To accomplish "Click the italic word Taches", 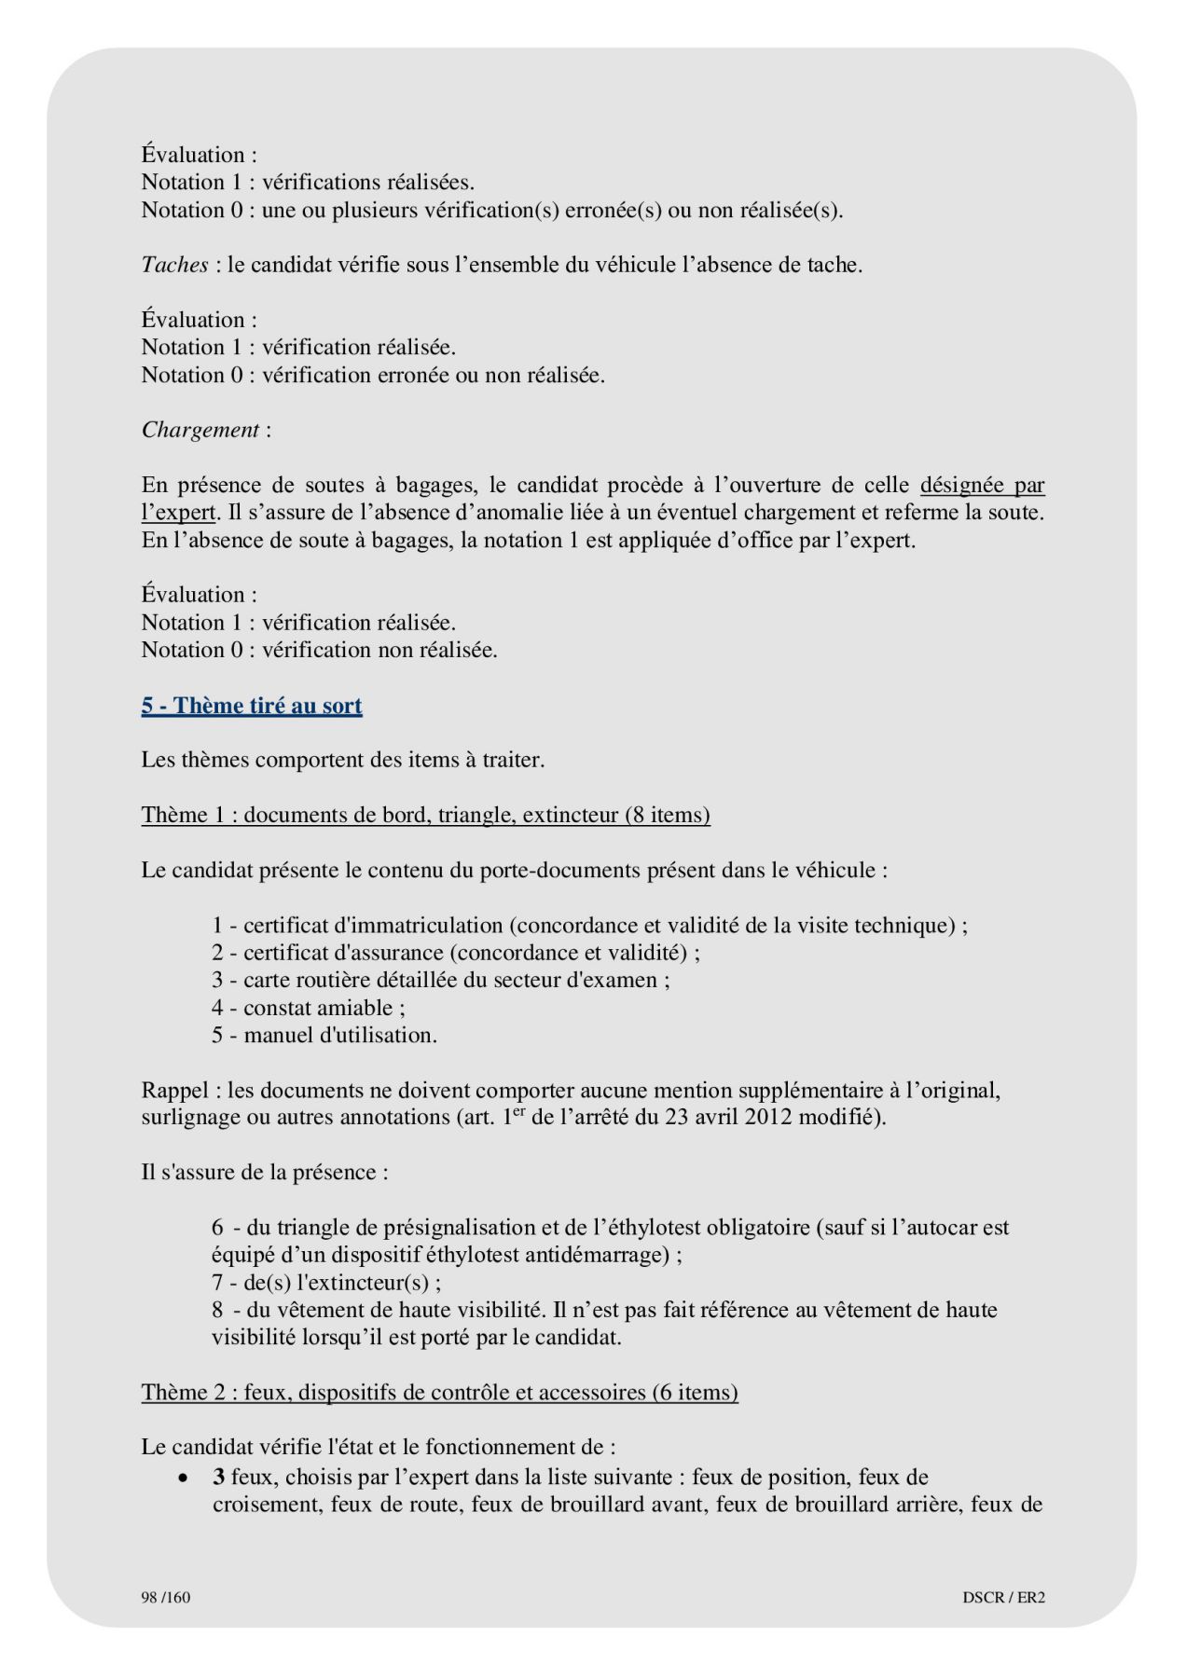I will [x=174, y=265].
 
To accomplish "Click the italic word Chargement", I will [x=200, y=430].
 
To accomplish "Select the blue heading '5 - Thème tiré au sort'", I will [x=252, y=706].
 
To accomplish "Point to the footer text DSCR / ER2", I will [x=1003, y=1597].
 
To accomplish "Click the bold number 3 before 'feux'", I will [x=219, y=1477].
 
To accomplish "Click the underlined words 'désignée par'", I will [x=982, y=485].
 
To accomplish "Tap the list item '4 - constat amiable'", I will [x=308, y=1008].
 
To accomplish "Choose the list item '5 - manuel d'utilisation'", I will [x=324, y=1035].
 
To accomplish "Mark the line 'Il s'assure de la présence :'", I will [x=265, y=1172].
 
